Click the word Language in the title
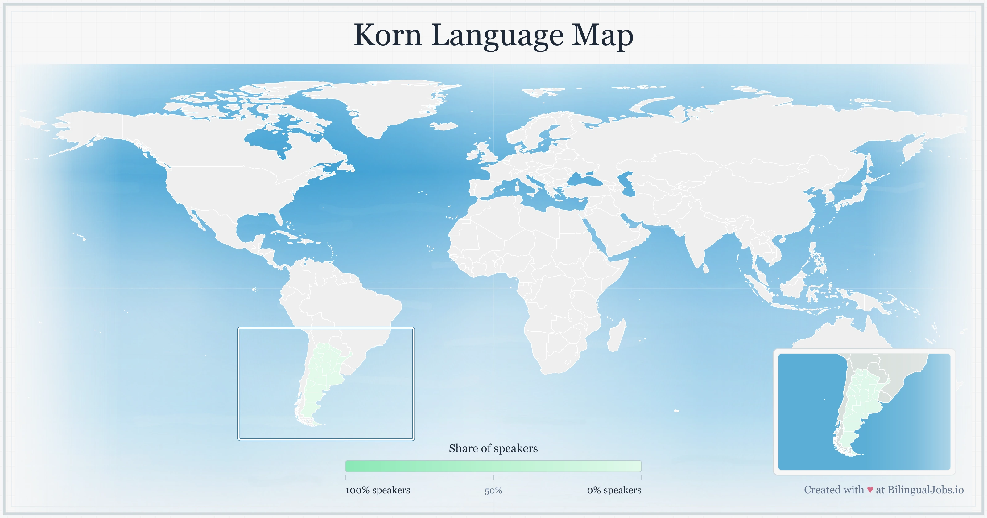point(497,36)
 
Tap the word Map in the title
point(602,36)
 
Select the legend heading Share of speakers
point(493,448)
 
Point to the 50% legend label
point(493,491)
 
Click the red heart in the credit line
point(870,490)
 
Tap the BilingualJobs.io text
point(925,490)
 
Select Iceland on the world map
point(444,126)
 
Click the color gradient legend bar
point(493,466)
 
